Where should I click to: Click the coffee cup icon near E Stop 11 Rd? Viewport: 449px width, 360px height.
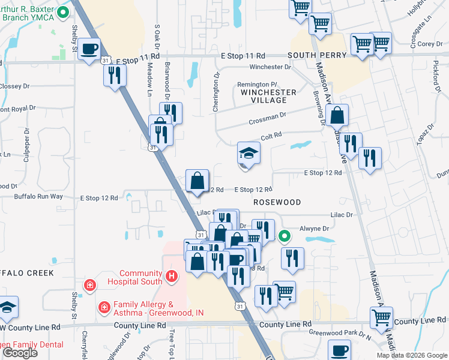89,49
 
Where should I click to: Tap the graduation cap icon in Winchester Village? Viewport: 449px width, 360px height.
249,154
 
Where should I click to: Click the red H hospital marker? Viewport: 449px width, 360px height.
172,277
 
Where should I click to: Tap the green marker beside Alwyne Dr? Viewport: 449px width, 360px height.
286,236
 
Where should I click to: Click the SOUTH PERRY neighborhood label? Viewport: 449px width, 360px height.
317,55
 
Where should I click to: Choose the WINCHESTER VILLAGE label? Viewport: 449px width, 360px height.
268,97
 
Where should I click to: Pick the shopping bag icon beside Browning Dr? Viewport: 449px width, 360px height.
338,115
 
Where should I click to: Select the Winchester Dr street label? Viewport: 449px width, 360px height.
270,67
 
